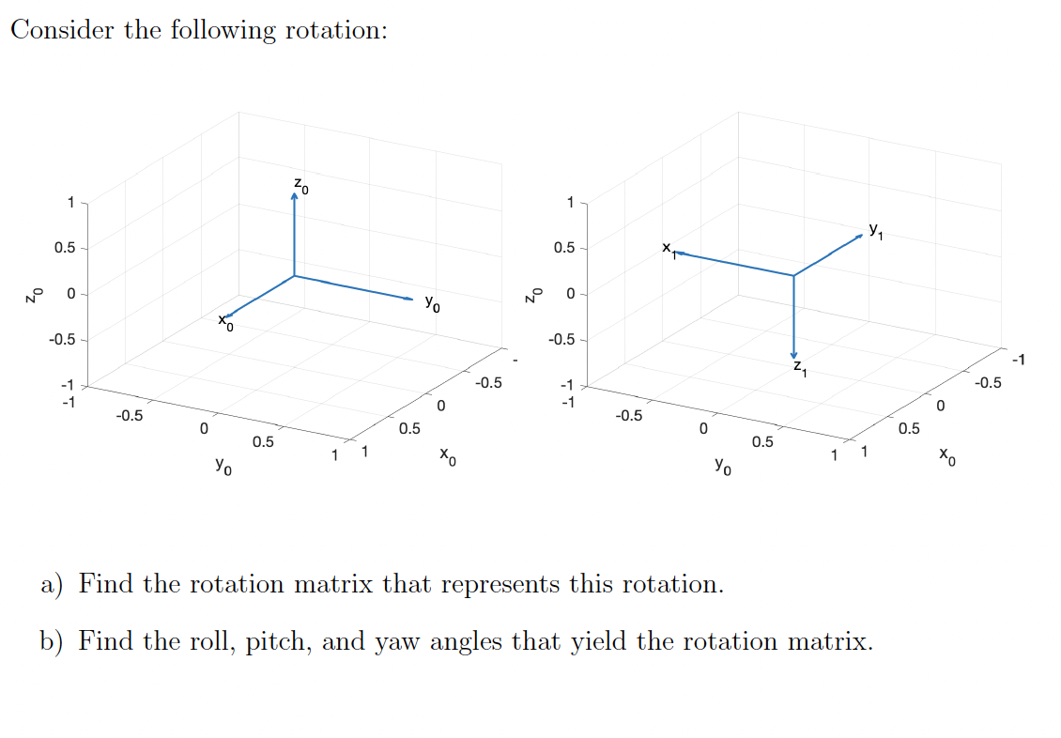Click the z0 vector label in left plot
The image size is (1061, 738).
pos(300,184)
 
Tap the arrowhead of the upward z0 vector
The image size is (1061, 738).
pos(294,199)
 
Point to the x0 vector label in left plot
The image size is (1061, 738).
pos(225,321)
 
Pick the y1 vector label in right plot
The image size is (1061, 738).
pos(875,228)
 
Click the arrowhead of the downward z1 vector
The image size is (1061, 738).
pos(793,353)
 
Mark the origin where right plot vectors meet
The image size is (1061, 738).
pos(793,276)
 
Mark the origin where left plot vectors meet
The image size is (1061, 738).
pos(294,276)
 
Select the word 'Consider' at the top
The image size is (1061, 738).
pos(63,30)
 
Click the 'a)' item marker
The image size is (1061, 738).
pos(53,585)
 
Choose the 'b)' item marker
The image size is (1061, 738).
pos(53,642)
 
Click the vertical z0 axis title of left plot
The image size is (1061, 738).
pos(34,294)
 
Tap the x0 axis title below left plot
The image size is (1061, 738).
pos(449,458)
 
